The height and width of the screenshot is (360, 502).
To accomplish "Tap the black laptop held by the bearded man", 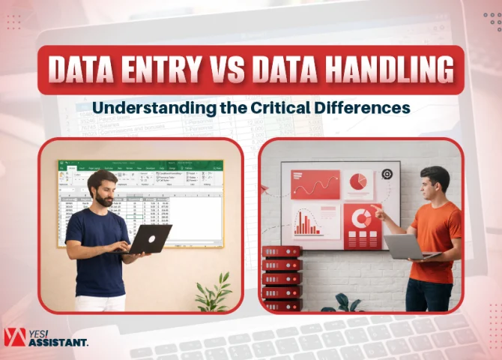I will coord(147,239).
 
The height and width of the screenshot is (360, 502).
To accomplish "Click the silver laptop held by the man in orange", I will coord(408,247).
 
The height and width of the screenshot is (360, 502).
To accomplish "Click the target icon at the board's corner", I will coord(387,174).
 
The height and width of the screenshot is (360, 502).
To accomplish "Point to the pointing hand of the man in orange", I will coord(379,214).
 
